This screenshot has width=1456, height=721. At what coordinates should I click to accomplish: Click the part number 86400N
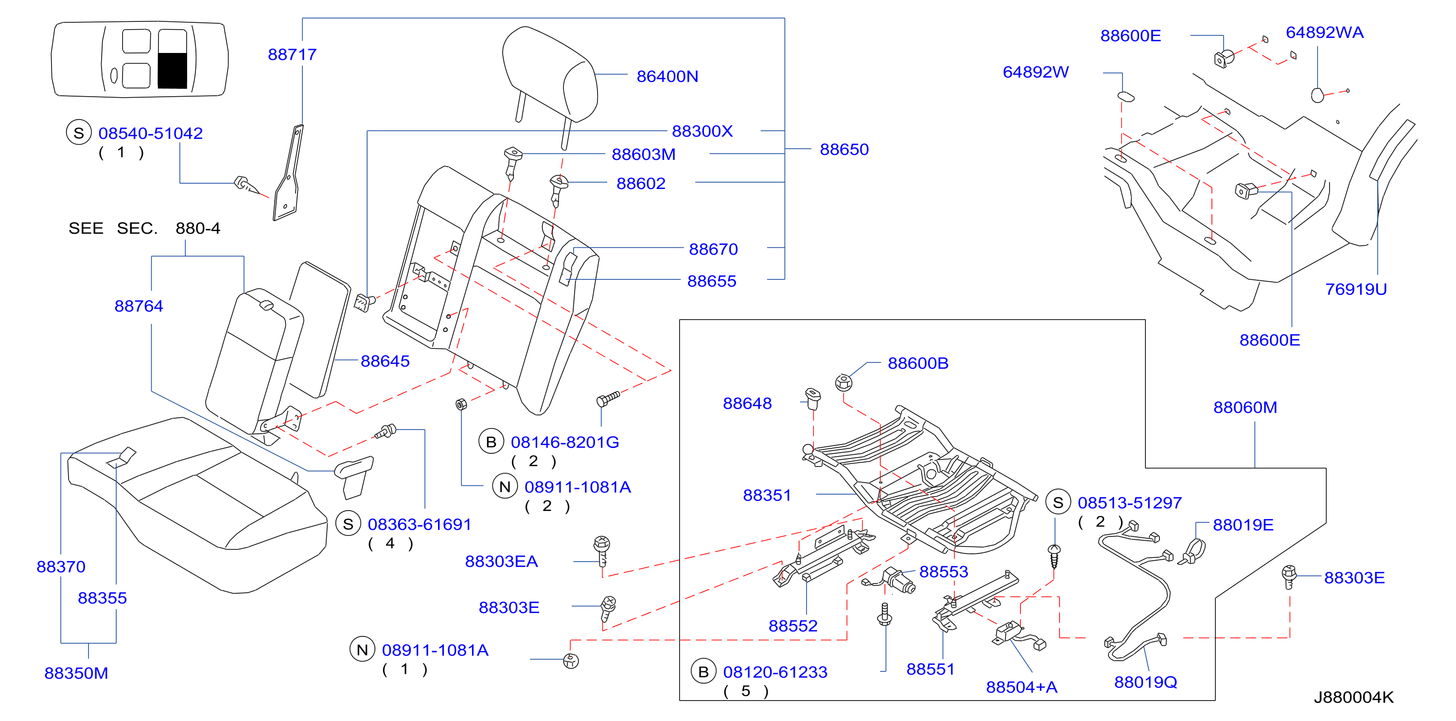click(667, 76)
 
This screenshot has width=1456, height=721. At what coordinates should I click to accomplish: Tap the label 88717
click(292, 54)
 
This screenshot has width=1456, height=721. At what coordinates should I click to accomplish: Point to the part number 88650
click(844, 149)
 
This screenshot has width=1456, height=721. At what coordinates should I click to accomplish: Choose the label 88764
click(139, 306)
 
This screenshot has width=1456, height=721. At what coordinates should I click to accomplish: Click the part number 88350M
click(76, 673)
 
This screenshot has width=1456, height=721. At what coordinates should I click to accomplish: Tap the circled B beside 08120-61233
click(703, 672)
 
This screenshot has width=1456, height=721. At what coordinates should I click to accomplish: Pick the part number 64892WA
click(1324, 32)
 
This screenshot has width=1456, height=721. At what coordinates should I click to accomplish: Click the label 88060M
click(1245, 408)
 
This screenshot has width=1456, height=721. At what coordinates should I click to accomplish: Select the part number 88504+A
click(1021, 687)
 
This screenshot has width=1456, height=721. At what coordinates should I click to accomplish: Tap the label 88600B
click(918, 363)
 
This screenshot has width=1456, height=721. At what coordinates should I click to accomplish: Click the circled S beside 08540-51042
click(79, 133)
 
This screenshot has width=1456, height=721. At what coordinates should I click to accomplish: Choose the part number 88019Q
click(1145, 682)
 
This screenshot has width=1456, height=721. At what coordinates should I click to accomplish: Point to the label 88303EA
click(501, 561)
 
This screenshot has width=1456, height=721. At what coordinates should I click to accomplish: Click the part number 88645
click(385, 361)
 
